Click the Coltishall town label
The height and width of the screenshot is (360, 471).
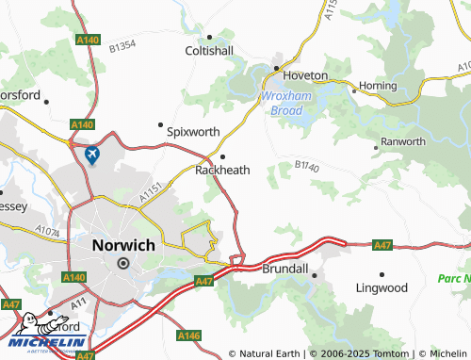tap(209, 50)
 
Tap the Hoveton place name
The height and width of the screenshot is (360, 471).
tap(306, 74)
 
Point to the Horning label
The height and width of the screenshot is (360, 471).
tap(378, 85)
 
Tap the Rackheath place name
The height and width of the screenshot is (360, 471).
tap(222, 171)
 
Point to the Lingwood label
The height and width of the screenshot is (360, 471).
tap(382, 287)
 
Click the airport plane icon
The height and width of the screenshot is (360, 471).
tap(91, 155)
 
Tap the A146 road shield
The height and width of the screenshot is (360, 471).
tap(188, 335)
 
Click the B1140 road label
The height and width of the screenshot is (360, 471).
tap(306, 166)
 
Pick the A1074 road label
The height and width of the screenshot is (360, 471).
tap(47, 229)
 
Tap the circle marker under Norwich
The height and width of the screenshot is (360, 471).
tap(122, 264)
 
